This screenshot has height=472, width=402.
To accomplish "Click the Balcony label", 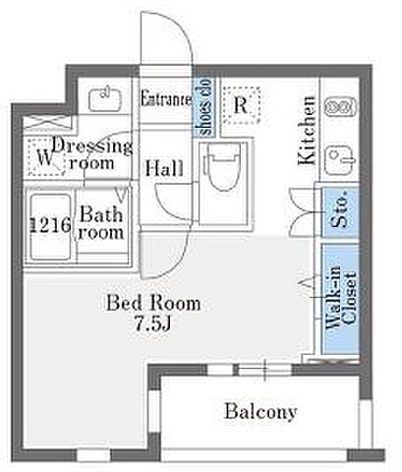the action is [x=260, y=411].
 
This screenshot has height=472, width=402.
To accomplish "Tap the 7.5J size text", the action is [x=153, y=324].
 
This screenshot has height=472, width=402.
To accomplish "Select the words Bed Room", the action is [x=153, y=303].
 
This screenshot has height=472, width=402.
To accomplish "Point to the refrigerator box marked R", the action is [x=242, y=105].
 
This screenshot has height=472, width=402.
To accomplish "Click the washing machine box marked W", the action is [x=45, y=157].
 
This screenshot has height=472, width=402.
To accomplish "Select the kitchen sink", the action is [x=341, y=160].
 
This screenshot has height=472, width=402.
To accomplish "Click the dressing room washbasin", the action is [x=105, y=98].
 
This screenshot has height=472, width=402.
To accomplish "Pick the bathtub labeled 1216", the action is [x=50, y=227].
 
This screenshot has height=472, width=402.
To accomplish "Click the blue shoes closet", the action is [x=203, y=107].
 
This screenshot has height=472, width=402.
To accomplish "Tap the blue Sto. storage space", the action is [x=341, y=212].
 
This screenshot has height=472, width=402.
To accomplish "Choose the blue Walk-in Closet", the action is [x=341, y=299].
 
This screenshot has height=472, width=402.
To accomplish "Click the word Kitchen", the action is [x=307, y=130].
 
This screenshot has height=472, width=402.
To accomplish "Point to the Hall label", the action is [x=164, y=168].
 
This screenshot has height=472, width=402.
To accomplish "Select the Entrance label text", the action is [x=166, y=98].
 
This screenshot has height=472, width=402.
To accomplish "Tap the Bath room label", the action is [x=101, y=223].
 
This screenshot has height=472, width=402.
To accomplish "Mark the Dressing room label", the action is [x=92, y=153].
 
